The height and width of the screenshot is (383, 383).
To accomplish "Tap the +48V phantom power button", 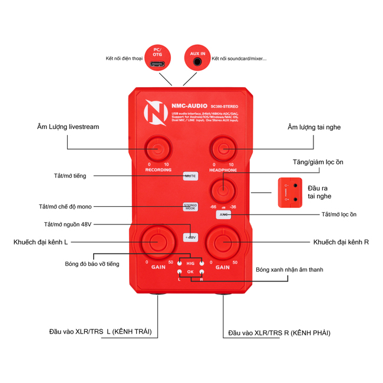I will (x=190, y=237).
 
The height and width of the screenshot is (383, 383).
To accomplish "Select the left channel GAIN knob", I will (x=157, y=241).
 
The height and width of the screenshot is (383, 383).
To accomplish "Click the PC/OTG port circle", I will (x=157, y=58).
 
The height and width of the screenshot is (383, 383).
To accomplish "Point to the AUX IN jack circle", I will (x=197, y=58).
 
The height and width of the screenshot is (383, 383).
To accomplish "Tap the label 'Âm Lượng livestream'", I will (x=68, y=127).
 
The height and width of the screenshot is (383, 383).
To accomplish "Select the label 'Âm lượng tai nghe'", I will (x=314, y=127).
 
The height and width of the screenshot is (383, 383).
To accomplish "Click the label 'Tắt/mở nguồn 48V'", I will (x=68, y=224).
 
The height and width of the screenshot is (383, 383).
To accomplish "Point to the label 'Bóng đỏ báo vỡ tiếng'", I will (x=92, y=264).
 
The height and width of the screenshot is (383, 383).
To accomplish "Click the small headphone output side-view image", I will (x=290, y=193).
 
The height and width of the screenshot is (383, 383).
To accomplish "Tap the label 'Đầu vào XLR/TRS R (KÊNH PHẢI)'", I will (x=279, y=333).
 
